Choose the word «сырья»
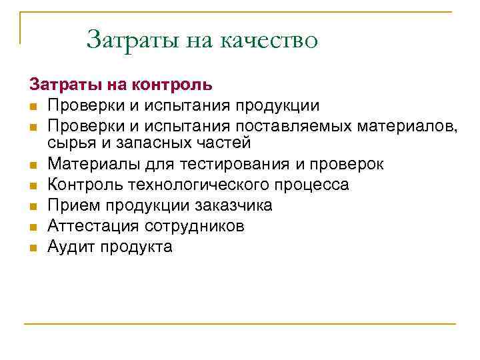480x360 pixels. pos(69,143)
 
